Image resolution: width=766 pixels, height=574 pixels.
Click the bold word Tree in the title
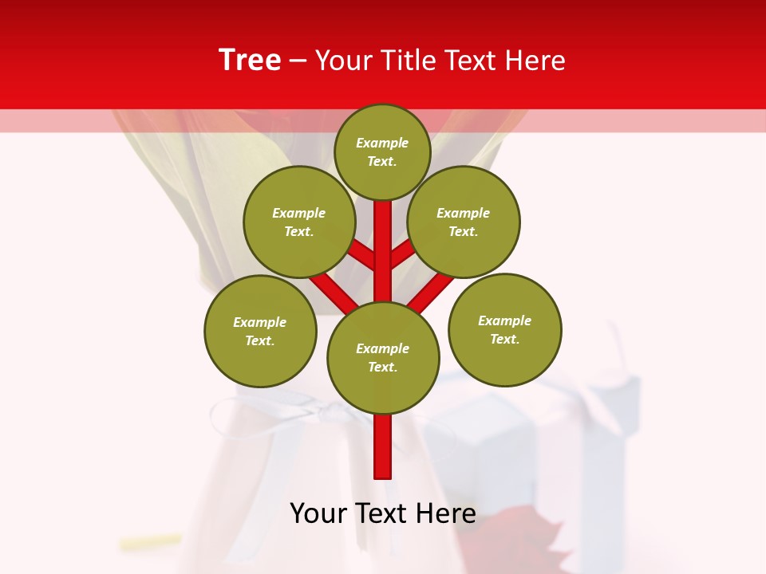pos(250,61)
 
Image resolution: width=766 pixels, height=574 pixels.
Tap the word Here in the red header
pos(536,61)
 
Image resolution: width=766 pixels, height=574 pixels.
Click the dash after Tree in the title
pos(298,61)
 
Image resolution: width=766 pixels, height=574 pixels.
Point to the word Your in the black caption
pos(318,513)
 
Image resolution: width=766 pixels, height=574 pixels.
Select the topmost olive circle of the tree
pos(382,151)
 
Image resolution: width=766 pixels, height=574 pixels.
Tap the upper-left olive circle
pos(299,222)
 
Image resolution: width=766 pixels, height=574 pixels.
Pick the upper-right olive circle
pos(464,222)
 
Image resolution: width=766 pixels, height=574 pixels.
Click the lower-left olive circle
pos(260,332)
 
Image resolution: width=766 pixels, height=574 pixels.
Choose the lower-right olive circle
pos(505,330)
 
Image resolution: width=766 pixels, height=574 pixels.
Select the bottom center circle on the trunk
pos(383,358)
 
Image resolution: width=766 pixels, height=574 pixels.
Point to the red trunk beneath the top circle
pos(383,239)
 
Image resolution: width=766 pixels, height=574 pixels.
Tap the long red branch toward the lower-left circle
pos(334,292)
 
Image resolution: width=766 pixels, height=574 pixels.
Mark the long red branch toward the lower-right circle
pos(431,292)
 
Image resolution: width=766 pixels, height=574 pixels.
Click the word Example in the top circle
pos(382,143)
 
